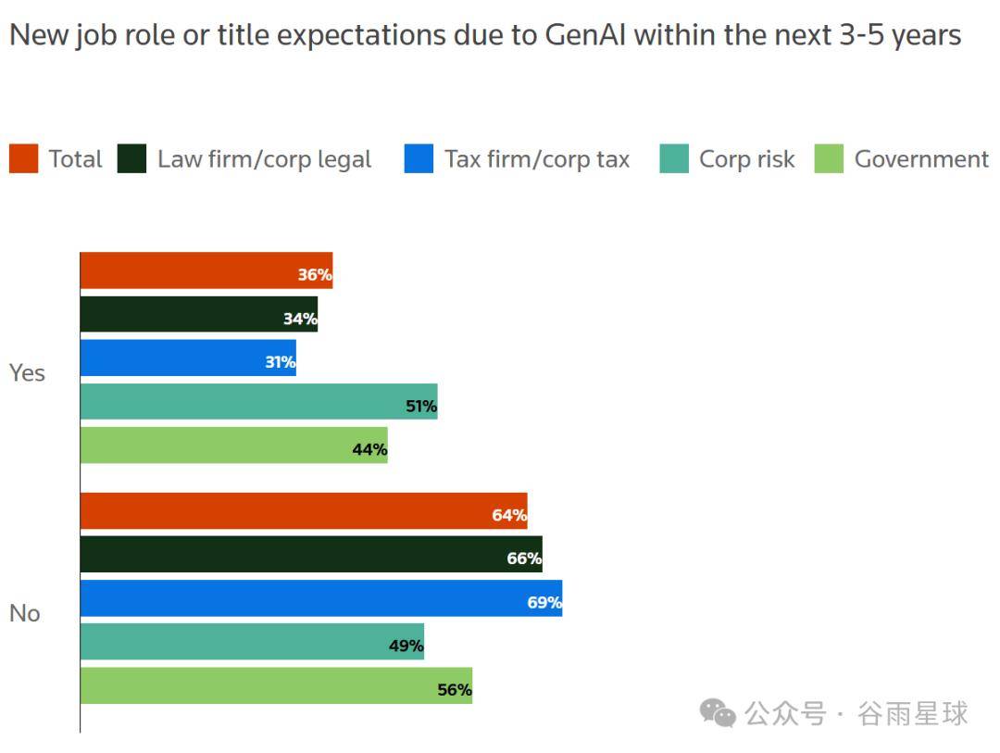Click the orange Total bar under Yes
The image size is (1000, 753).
tap(206, 270)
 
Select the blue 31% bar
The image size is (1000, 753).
tap(188, 358)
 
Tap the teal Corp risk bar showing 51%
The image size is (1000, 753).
tap(258, 401)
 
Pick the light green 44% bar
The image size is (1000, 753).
tap(233, 446)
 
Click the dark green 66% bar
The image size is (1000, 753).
tap(311, 554)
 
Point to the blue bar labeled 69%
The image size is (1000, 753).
tap(320, 598)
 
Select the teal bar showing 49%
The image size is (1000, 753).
tap(252, 642)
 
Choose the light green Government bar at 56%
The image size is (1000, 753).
tap(276, 685)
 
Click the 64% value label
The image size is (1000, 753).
tap(509, 515)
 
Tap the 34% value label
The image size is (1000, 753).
tap(300, 320)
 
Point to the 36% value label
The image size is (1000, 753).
tap(315, 275)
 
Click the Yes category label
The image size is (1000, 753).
tap(27, 372)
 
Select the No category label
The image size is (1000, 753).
tap(25, 613)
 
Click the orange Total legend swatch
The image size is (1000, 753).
tap(23, 159)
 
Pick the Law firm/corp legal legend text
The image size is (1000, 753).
tap(264, 159)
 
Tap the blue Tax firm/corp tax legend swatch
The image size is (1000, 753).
tap(419, 159)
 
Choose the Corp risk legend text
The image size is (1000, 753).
tap(746, 159)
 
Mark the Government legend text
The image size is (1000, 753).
tap(921, 159)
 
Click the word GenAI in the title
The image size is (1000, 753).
tap(585, 36)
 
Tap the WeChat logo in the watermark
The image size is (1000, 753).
tap(718, 712)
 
